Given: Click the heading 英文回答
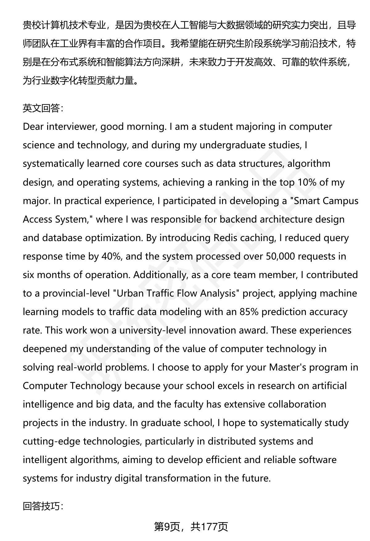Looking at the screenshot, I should (43, 108).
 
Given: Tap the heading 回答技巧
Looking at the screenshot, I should (43, 506).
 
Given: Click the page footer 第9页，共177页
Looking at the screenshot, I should (191, 527).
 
